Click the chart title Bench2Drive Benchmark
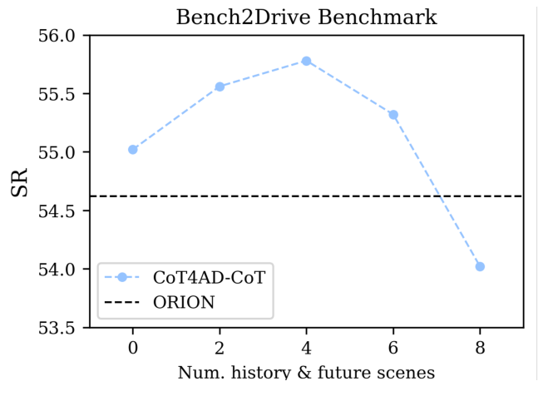point(306,17)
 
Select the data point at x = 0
point(133,150)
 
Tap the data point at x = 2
point(220,87)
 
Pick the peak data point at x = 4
point(306,61)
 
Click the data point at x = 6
point(393,115)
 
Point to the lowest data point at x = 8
point(480,266)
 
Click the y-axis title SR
point(20,182)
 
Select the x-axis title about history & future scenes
point(306,372)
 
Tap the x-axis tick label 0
point(133,344)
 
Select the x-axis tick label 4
point(306,344)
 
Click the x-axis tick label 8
point(480,344)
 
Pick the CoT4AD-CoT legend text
point(209,278)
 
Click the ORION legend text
point(184,302)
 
